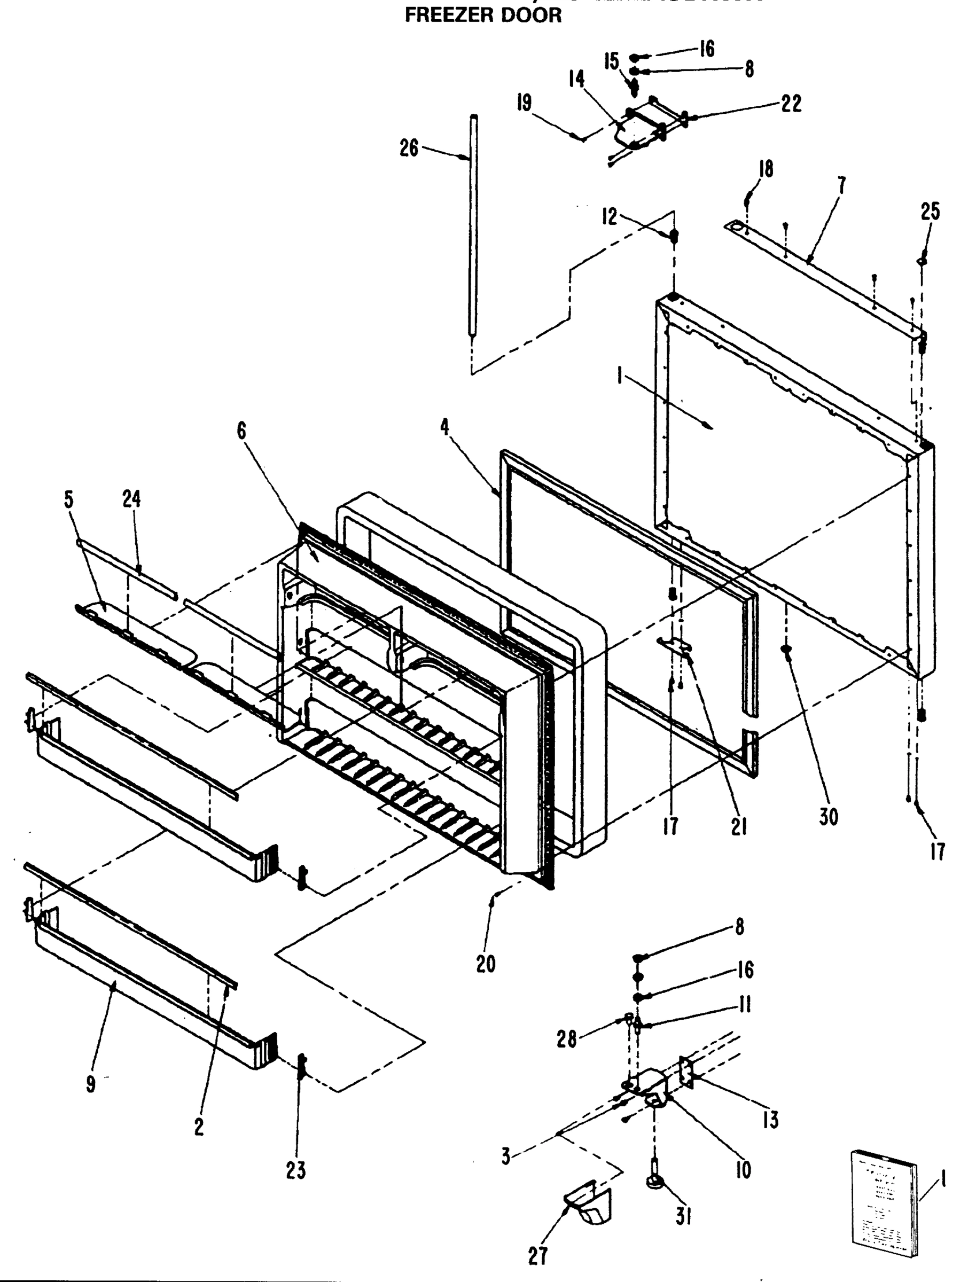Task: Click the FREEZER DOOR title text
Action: pos(483,15)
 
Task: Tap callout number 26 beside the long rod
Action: pos(409,148)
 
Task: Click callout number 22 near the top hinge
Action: pos(791,104)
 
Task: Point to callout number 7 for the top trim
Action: pos(841,186)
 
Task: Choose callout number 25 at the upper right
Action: pos(930,212)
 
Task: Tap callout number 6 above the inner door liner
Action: pos(241,431)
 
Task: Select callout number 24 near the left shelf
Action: pos(132,499)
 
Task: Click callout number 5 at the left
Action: pos(69,499)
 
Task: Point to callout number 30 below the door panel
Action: pos(829,817)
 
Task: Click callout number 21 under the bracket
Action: pos(738,825)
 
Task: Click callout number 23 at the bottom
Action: pos(296,1171)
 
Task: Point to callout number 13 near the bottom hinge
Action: pos(770,1121)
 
